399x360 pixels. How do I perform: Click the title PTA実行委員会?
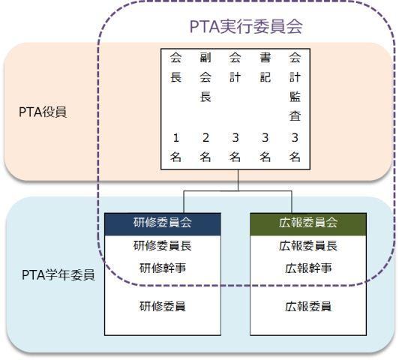coord(246,26)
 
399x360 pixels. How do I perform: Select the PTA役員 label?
coord(43,112)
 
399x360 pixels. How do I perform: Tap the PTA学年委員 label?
coord(58,274)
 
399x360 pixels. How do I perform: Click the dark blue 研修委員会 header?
coord(163,224)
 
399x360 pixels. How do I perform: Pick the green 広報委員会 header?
coord(308,224)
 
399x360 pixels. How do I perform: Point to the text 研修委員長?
coord(163,246)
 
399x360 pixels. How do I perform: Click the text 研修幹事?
coord(163,268)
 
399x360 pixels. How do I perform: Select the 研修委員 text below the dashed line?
coord(163,306)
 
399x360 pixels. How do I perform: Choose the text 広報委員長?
coord(308,246)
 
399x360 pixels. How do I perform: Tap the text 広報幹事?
coord(308,268)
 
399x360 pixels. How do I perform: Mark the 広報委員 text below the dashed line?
coord(308,306)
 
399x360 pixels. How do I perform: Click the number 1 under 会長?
coord(175,138)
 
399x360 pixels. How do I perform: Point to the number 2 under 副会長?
coord(205,138)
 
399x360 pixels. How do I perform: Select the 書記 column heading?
coord(265,67)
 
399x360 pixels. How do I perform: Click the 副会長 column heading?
coord(205,77)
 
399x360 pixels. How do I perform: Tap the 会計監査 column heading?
coord(295,87)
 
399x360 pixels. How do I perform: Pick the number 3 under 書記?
coord(265,138)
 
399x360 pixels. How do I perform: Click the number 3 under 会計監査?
coord(295,138)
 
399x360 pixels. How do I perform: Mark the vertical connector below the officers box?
coord(238,180)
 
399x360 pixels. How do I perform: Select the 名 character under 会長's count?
coord(175,157)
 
